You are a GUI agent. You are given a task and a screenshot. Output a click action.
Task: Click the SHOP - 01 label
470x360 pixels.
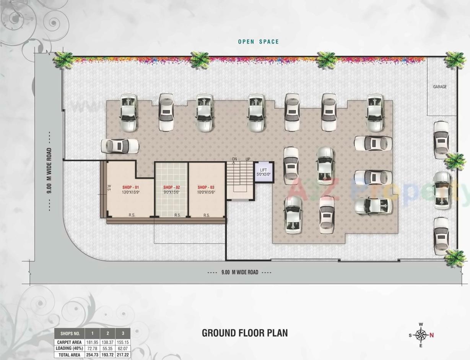tap(130, 187)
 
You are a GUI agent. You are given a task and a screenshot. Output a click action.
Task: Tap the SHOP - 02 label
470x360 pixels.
tap(171, 187)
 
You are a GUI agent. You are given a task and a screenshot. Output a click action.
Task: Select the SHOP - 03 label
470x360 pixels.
tap(206, 187)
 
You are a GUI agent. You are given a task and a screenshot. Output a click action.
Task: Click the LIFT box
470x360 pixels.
tap(263, 172)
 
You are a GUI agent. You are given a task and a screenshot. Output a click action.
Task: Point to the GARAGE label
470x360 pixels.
tap(440, 87)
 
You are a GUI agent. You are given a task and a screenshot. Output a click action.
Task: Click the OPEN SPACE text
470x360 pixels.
tap(259, 42)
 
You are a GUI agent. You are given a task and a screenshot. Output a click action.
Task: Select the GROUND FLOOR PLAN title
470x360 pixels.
tap(245, 333)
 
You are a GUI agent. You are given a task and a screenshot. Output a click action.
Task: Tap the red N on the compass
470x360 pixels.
tap(432, 335)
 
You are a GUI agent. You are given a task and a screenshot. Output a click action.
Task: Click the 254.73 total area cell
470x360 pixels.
tap(92, 355)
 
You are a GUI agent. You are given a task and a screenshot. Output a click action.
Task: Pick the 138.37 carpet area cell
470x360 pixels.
tap(108, 342)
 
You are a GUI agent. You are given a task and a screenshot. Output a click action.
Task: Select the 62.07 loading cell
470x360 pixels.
tap(123, 348)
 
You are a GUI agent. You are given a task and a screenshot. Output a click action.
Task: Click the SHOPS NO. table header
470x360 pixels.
tap(70, 334)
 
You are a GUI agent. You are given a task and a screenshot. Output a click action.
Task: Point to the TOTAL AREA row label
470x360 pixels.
tap(69, 355)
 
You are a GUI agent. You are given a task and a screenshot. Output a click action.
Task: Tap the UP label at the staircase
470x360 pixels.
tap(248, 159)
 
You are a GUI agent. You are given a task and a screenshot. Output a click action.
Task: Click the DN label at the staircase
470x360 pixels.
tap(234, 159)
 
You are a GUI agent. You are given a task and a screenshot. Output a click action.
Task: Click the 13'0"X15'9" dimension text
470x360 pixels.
tap(130, 192)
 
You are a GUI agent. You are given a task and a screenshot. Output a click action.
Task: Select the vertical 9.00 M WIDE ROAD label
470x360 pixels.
tap(49, 171)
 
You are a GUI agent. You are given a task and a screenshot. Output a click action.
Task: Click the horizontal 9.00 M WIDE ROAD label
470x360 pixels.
tap(240, 272)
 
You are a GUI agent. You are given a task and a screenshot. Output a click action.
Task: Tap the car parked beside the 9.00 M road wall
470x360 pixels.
tap(120, 146)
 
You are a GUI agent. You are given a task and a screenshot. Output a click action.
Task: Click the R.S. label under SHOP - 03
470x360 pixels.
tap(207, 215)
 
